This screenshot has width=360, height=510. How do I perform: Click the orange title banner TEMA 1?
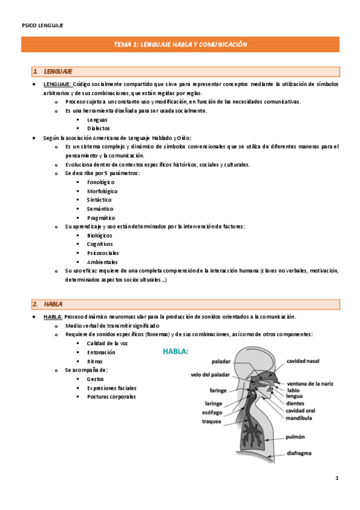pos(180,45)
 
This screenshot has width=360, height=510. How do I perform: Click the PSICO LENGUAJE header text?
pos(42,25)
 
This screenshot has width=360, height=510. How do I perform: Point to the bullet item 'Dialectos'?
pos(99,128)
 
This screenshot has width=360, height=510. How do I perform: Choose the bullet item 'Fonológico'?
pos(100,182)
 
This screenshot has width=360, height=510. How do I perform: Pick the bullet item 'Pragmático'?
pos(100,218)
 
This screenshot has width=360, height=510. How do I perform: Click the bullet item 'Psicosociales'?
pos(102,253)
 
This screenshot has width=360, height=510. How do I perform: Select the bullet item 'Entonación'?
pos(101,352)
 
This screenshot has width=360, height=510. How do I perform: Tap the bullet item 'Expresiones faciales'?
pos(111,388)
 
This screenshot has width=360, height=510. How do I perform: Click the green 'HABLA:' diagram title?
pos(176,351)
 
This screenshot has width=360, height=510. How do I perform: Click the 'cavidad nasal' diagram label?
pos(302,361)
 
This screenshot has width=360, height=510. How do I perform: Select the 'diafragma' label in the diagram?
pos(302,454)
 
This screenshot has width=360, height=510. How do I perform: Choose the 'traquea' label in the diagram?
pos(211,421)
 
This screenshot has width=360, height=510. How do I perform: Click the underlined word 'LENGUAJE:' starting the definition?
pos(58,84)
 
